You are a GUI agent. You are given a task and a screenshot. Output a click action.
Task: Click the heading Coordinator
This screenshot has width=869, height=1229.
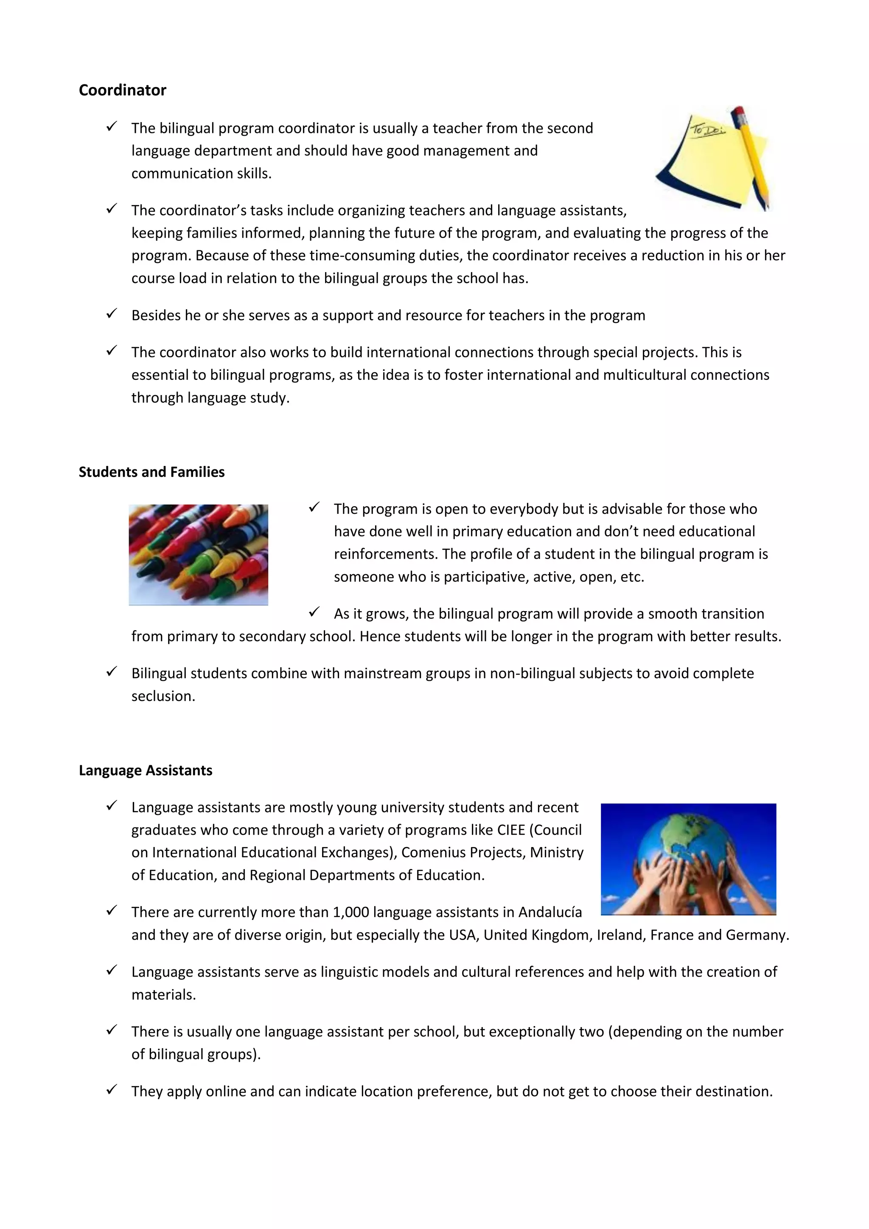click(122, 90)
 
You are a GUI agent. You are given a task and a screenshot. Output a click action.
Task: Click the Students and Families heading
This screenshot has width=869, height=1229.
click(151, 471)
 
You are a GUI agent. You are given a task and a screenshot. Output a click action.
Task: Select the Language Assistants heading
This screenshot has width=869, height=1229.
click(146, 770)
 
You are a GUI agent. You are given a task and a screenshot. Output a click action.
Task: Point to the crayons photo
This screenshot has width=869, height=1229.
click(198, 555)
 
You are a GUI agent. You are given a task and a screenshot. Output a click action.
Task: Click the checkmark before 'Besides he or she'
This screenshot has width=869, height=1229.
click(111, 314)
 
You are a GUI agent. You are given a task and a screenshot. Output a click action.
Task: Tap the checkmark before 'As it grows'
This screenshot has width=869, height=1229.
click(314, 612)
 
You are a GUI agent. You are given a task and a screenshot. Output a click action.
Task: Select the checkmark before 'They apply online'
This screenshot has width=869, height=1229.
click(111, 1089)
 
